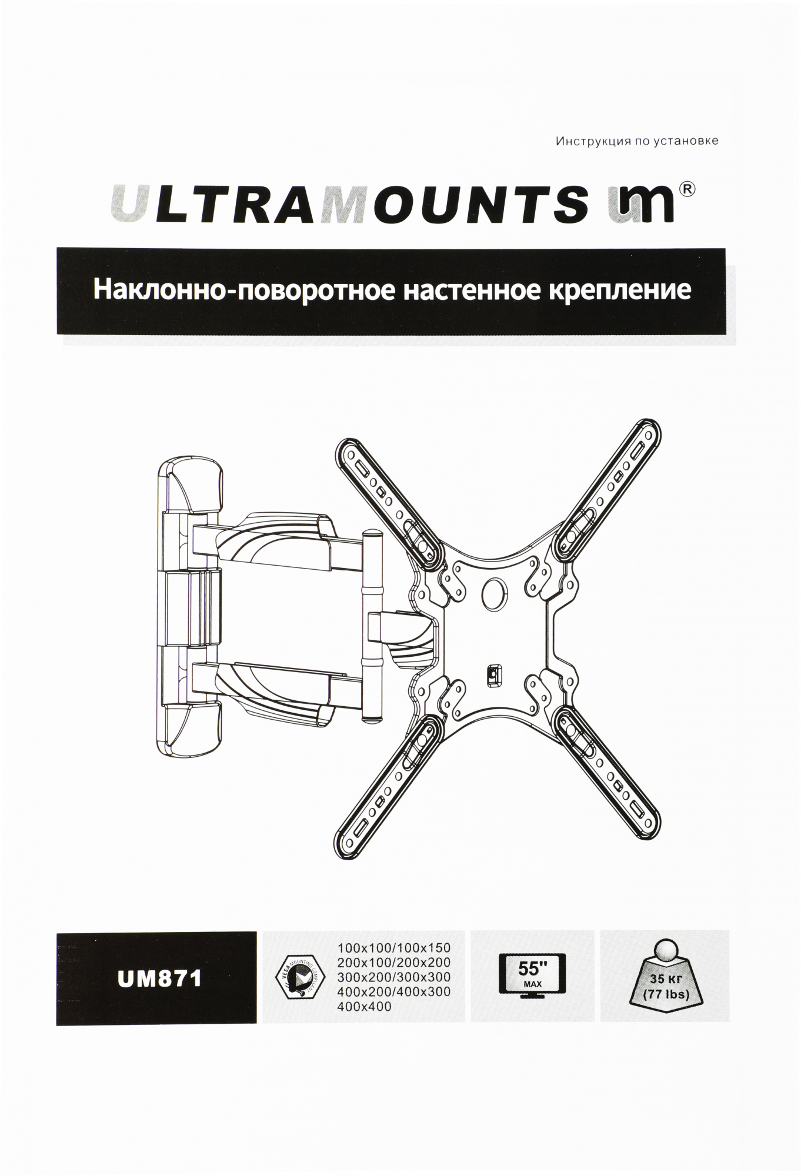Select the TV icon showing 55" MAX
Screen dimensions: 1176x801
tap(532, 977)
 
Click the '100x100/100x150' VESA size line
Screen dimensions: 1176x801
tap(394, 948)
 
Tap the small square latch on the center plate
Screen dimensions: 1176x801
tap(492, 674)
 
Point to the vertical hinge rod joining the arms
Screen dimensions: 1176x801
tap(371, 623)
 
